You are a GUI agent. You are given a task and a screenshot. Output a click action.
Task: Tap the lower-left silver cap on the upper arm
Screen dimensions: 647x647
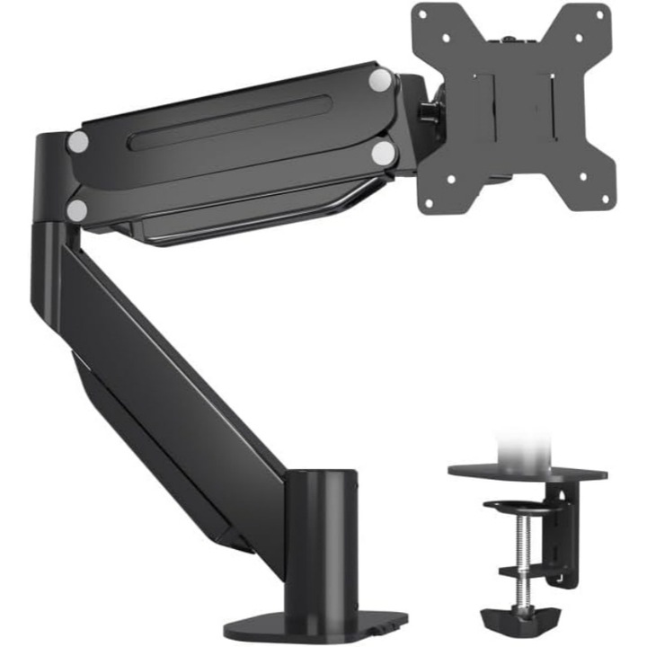tap(78, 210)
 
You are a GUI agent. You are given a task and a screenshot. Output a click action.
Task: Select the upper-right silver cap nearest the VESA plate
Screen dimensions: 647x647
tap(381, 79)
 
